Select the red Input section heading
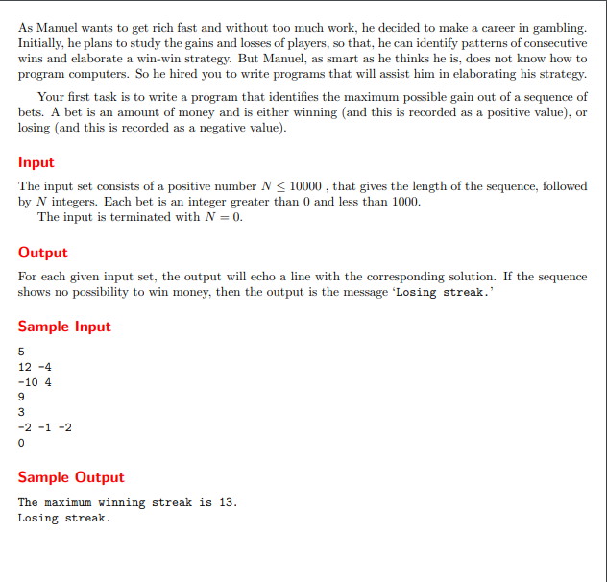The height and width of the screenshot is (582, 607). (x=36, y=162)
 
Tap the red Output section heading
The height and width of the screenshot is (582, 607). (x=42, y=253)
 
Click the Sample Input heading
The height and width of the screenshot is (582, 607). (x=64, y=327)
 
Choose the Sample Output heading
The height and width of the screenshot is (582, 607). (x=71, y=477)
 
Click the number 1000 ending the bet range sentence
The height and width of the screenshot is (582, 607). (x=403, y=202)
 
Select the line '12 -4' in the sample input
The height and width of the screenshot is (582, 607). (x=35, y=366)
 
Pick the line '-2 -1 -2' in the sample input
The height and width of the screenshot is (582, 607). (x=45, y=427)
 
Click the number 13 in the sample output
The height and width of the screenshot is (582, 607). (x=226, y=502)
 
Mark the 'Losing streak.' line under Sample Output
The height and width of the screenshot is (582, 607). (x=63, y=518)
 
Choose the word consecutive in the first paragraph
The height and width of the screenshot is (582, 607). (x=550, y=43)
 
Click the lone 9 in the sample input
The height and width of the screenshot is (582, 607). (x=21, y=397)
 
